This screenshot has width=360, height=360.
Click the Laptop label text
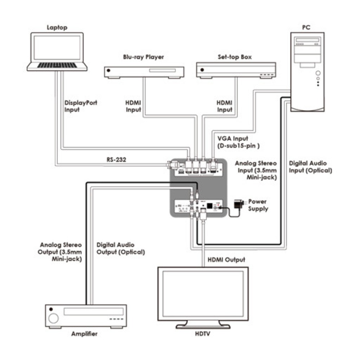coord(57,27)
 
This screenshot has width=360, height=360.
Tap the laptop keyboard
coord(57,65)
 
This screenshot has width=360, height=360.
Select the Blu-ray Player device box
coord(144,72)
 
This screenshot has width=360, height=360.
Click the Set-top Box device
coord(236,70)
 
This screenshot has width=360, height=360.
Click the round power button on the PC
coord(318,73)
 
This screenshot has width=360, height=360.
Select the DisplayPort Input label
coord(81,106)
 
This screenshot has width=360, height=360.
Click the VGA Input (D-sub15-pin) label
coord(238,142)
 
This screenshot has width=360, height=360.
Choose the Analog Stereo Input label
coord(256,170)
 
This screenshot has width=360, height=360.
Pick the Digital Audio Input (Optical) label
coord(310,167)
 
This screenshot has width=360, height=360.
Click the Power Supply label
coord(258,205)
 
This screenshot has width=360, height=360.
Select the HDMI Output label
coord(226,260)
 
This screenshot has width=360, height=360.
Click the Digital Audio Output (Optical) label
coord(121,249)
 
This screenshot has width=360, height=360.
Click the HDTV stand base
coord(203,326)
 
